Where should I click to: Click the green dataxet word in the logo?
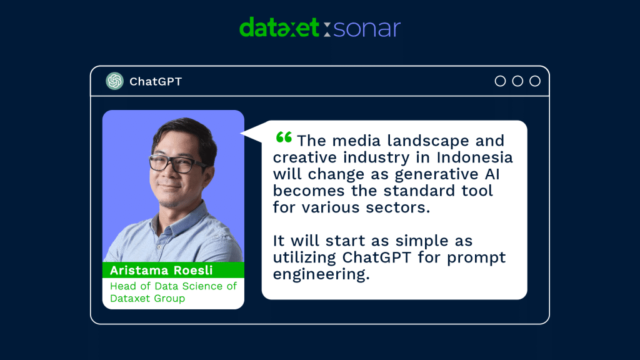click(279, 28)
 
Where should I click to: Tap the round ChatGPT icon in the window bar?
click(114, 81)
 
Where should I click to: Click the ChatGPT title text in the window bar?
click(156, 82)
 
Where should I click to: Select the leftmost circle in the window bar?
click(500, 81)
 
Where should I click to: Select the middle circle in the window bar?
click(517, 81)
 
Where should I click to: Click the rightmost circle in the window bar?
click(535, 81)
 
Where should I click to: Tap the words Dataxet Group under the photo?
click(147, 298)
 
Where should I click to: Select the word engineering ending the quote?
click(321, 274)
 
